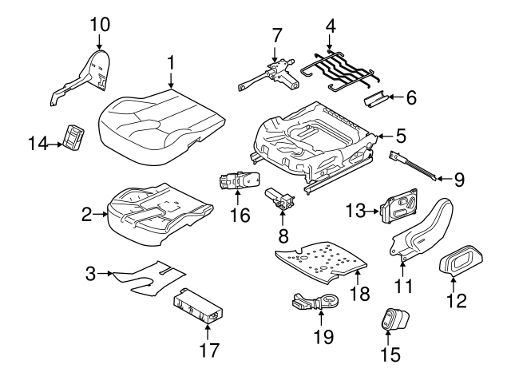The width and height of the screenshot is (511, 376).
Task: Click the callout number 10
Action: pyautogui.click(x=99, y=23)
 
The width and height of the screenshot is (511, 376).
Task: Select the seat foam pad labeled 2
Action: pyautogui.click(x=160, y=211)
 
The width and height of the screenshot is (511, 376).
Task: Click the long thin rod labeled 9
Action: pyautogui.click(x=415, y=168)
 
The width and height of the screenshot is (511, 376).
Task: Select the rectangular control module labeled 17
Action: pyautogui.click(x=199, y=307)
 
